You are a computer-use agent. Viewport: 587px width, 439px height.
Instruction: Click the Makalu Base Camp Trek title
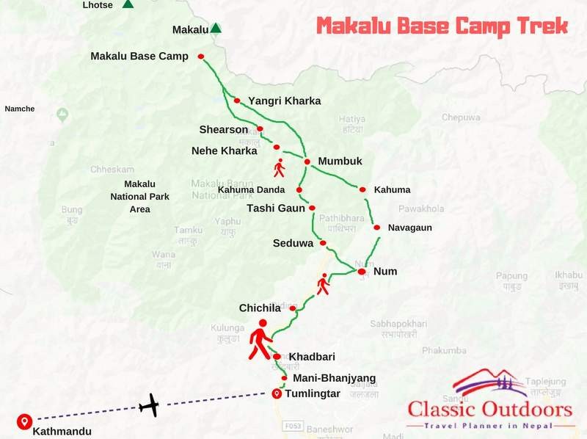pyautogui.click(x=442, y=26)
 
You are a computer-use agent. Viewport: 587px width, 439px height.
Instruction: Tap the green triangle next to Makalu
pyautogui.click(x=216, y=29)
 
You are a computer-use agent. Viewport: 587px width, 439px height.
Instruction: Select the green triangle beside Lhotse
pyautogui.click(x=128, y=4)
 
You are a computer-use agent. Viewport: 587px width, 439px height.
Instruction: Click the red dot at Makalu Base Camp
pyautogui.click(x=200, y=57)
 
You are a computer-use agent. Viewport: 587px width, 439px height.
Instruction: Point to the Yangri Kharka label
pyautogui.click(x=284, y=101)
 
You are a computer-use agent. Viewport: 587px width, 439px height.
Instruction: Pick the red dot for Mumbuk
pyautogui.click(x=308, y=162)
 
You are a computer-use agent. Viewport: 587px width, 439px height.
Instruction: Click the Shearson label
pyautogui.click(x=224, y=130)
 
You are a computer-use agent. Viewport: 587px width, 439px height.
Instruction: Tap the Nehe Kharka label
pyautogui.click(x=225, y=151)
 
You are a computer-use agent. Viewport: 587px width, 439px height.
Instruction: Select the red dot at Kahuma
pyautogui.click(x=362, y=189)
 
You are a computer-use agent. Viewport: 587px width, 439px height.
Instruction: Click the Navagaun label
pyautogui.click(x=410, y=228)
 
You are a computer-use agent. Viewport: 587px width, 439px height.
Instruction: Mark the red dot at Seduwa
pyautogui.click(x=323, y=244)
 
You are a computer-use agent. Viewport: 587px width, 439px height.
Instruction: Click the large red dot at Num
pyautogui.click(x=361, y=272)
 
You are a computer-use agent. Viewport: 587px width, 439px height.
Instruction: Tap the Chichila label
pyautogui.click(x=261, y=308)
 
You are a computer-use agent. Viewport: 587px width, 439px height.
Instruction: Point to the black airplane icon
pyautogui.click(x=150, y=404)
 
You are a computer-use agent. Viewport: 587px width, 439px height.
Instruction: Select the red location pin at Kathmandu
pyautogui.click(x=23, y=421)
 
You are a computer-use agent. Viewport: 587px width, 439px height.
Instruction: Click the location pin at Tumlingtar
pyautogui.click(x=277, y=393)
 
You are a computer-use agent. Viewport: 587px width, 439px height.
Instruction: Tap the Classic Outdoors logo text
pyautogui.click(x=490, y=410)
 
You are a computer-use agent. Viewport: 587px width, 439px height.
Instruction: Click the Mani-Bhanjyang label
pyautogui.click(x=334, y=379)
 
